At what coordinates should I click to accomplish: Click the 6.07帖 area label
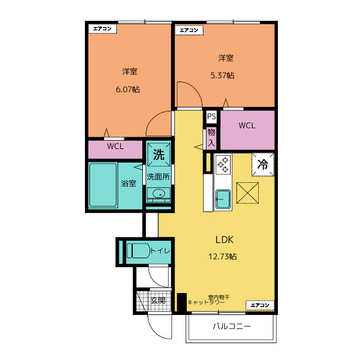click(x=128, y=89)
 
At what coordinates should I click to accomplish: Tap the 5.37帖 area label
click(x=222, y=75)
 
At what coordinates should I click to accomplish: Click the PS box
click(x=211, y=117)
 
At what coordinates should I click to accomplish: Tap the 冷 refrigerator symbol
click(x=263, y=165)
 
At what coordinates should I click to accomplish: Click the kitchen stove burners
click(x=223, y=164)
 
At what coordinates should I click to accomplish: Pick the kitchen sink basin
click(x=223, y=198)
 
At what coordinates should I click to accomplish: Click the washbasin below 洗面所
click(x=159, y=195)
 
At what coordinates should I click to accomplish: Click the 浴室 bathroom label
click(x=129, y=183)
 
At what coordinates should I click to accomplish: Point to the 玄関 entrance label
click(x=157, y=300)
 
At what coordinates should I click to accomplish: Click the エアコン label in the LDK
click(x=260, y=305)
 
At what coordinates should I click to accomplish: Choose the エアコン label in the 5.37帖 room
click(x=188, y=30)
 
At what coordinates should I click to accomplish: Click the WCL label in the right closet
click(x=247, y=125)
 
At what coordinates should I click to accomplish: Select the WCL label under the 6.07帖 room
click(x=115, y=147)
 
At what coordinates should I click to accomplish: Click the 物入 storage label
click(x=211, y=137)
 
